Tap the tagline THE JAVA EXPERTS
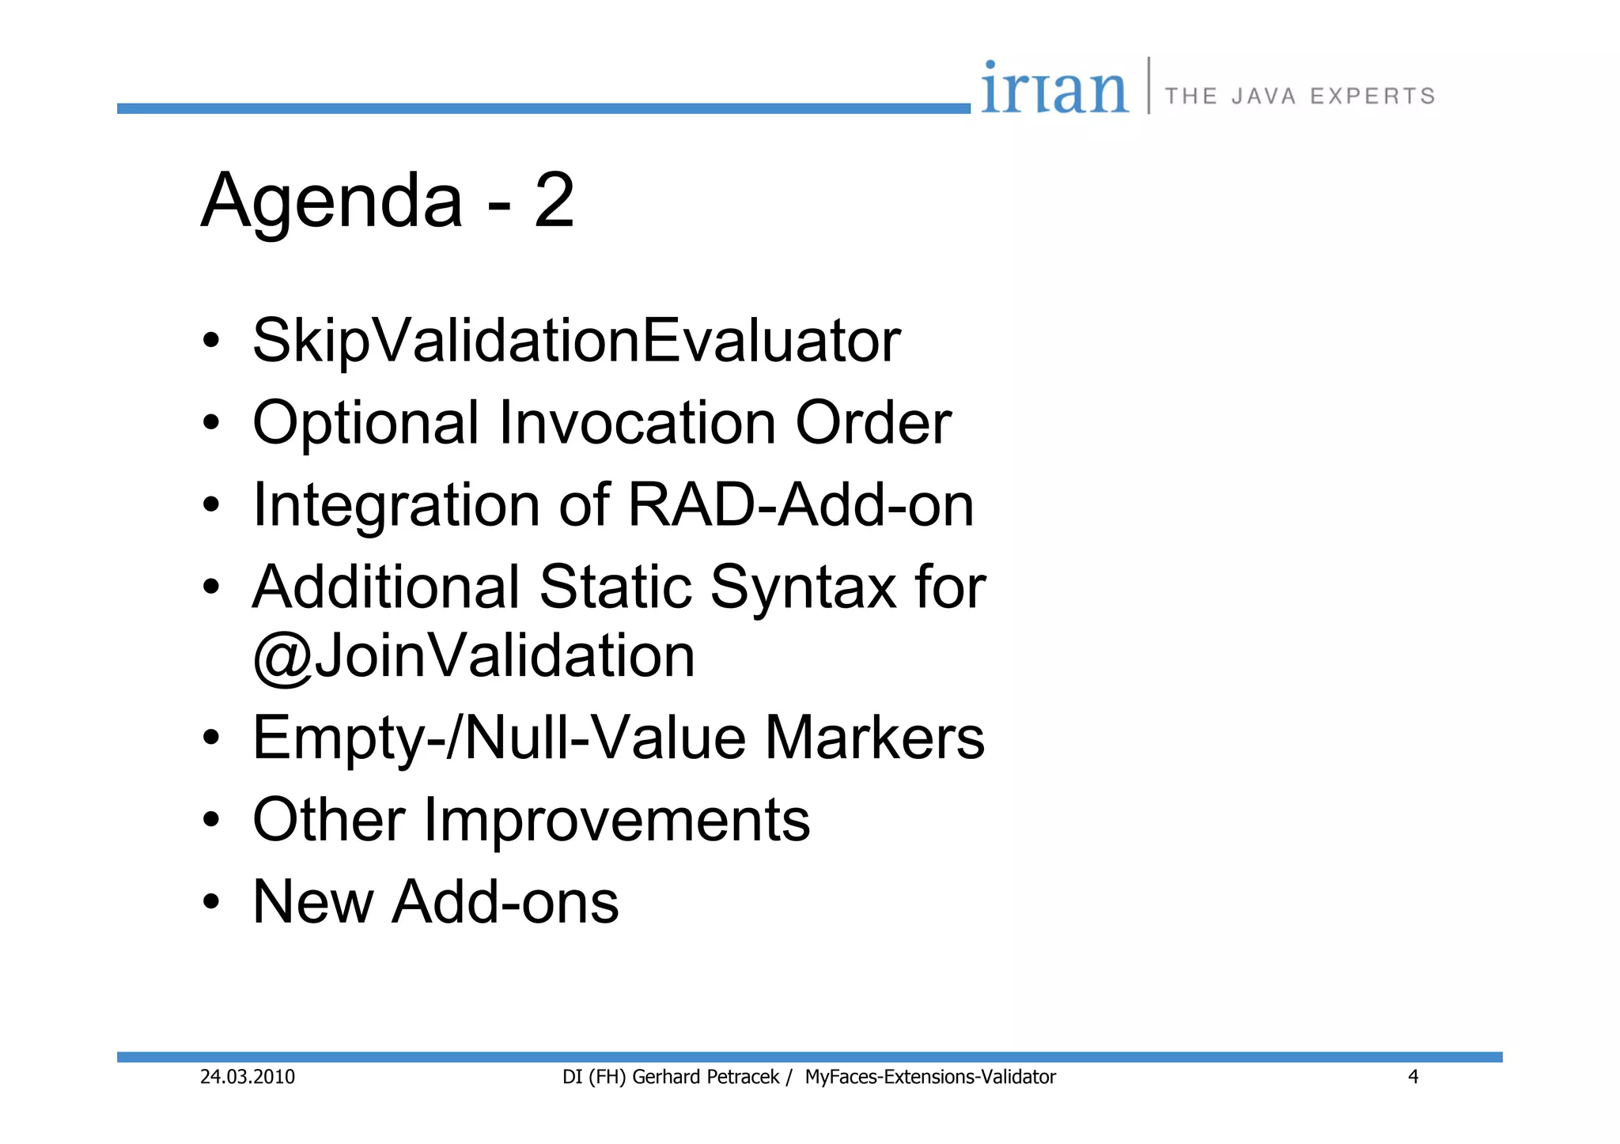click(1300, 96)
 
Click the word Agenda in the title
click(331, 202)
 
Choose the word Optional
click(365, 423)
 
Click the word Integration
click(396, 506)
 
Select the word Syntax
click(803, 587)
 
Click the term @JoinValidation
click(473, 655)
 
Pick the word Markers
click(874, 738)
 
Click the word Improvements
click(617, 820)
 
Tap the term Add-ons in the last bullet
click(505, 902)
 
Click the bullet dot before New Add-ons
click(210, 902)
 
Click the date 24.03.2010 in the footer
click(247, 1077)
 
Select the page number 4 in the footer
click(1413, 1077)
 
